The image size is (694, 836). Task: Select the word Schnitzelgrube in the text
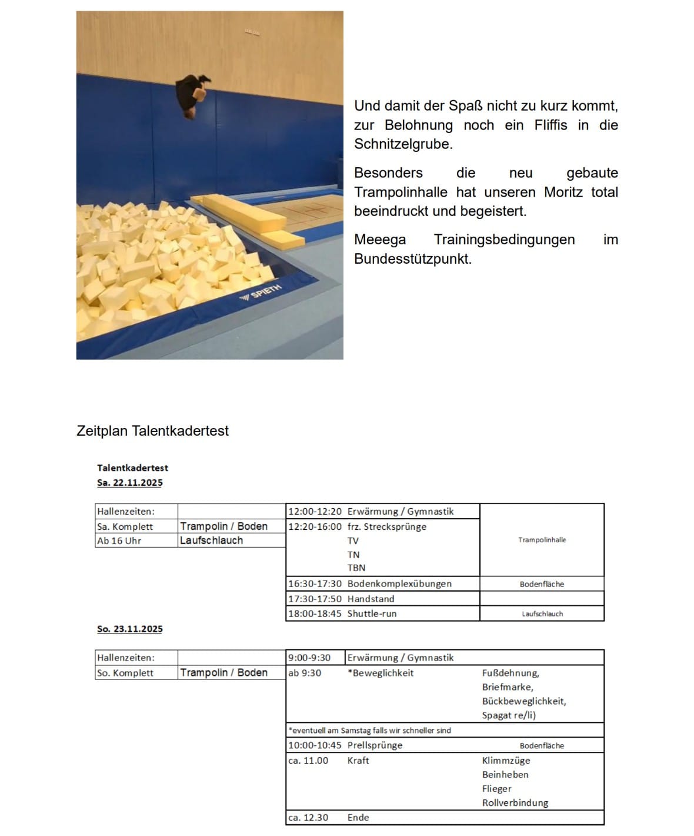coord(403,144)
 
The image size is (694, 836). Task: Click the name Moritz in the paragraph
coord(563,192)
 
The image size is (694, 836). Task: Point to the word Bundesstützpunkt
coord(412,259)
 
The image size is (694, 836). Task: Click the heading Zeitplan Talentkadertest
coord(152,431)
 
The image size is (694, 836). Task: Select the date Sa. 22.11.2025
coord(129,483)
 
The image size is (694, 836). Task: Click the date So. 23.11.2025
coord(129,629)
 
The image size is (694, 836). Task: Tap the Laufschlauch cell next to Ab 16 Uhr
coord(211,540)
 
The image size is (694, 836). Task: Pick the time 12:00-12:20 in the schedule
coord(315,512)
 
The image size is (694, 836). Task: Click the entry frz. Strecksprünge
coord(386,526)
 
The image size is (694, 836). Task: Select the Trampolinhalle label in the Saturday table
coord(542,540)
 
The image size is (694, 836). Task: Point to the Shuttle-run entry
coord(372,613)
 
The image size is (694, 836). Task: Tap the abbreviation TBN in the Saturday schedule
coord(356,568)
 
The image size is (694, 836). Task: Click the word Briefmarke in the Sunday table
coord(508,687)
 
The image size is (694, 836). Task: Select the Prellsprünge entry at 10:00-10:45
coord(375,745)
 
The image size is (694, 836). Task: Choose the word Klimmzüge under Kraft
coord(506,761)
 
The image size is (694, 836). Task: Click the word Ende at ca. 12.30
coord(358,818)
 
